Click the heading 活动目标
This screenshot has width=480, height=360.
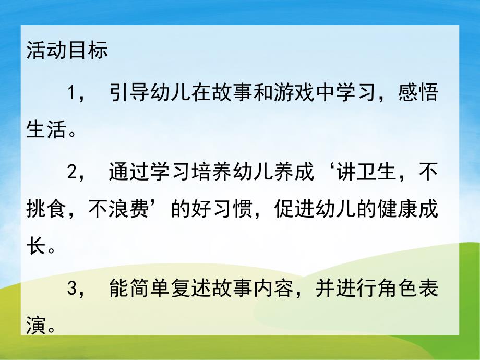coord(67,53)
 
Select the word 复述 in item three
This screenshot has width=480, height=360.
coord(189,289)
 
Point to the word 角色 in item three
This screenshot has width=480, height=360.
coord(384,289)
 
